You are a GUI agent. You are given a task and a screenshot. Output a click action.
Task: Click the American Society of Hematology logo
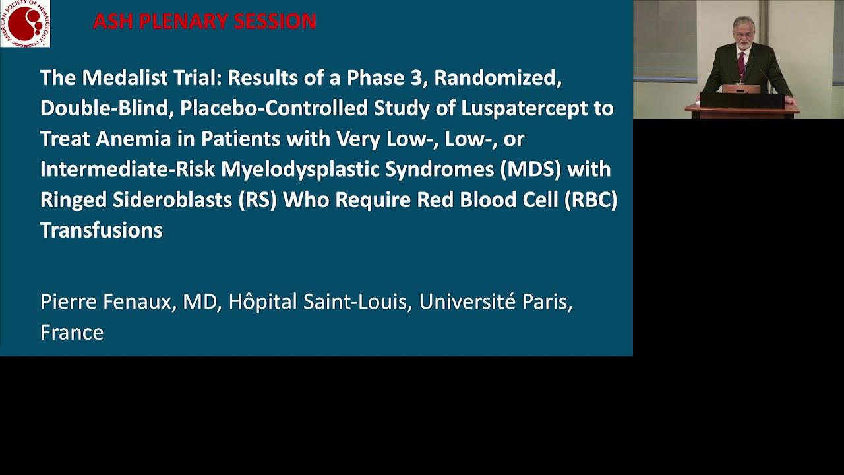tap(25, 23)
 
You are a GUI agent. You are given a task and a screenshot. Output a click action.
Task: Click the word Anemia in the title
tap(133, 139)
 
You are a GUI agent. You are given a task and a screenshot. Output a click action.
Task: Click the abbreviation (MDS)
tap(531, 170)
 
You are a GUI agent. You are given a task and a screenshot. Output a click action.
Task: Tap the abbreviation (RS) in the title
tap(257, 200)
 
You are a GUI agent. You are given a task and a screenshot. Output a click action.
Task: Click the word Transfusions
tap(102, 230)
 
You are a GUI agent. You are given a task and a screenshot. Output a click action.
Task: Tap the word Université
tap(467, 301)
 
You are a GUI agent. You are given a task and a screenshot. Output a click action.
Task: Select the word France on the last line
tap(72, 332)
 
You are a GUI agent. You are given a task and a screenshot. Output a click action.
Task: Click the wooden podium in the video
tap(742, 106)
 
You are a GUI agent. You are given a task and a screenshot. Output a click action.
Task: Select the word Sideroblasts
tap(172, 200)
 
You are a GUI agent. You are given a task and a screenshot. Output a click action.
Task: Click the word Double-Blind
tap(107, 108)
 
